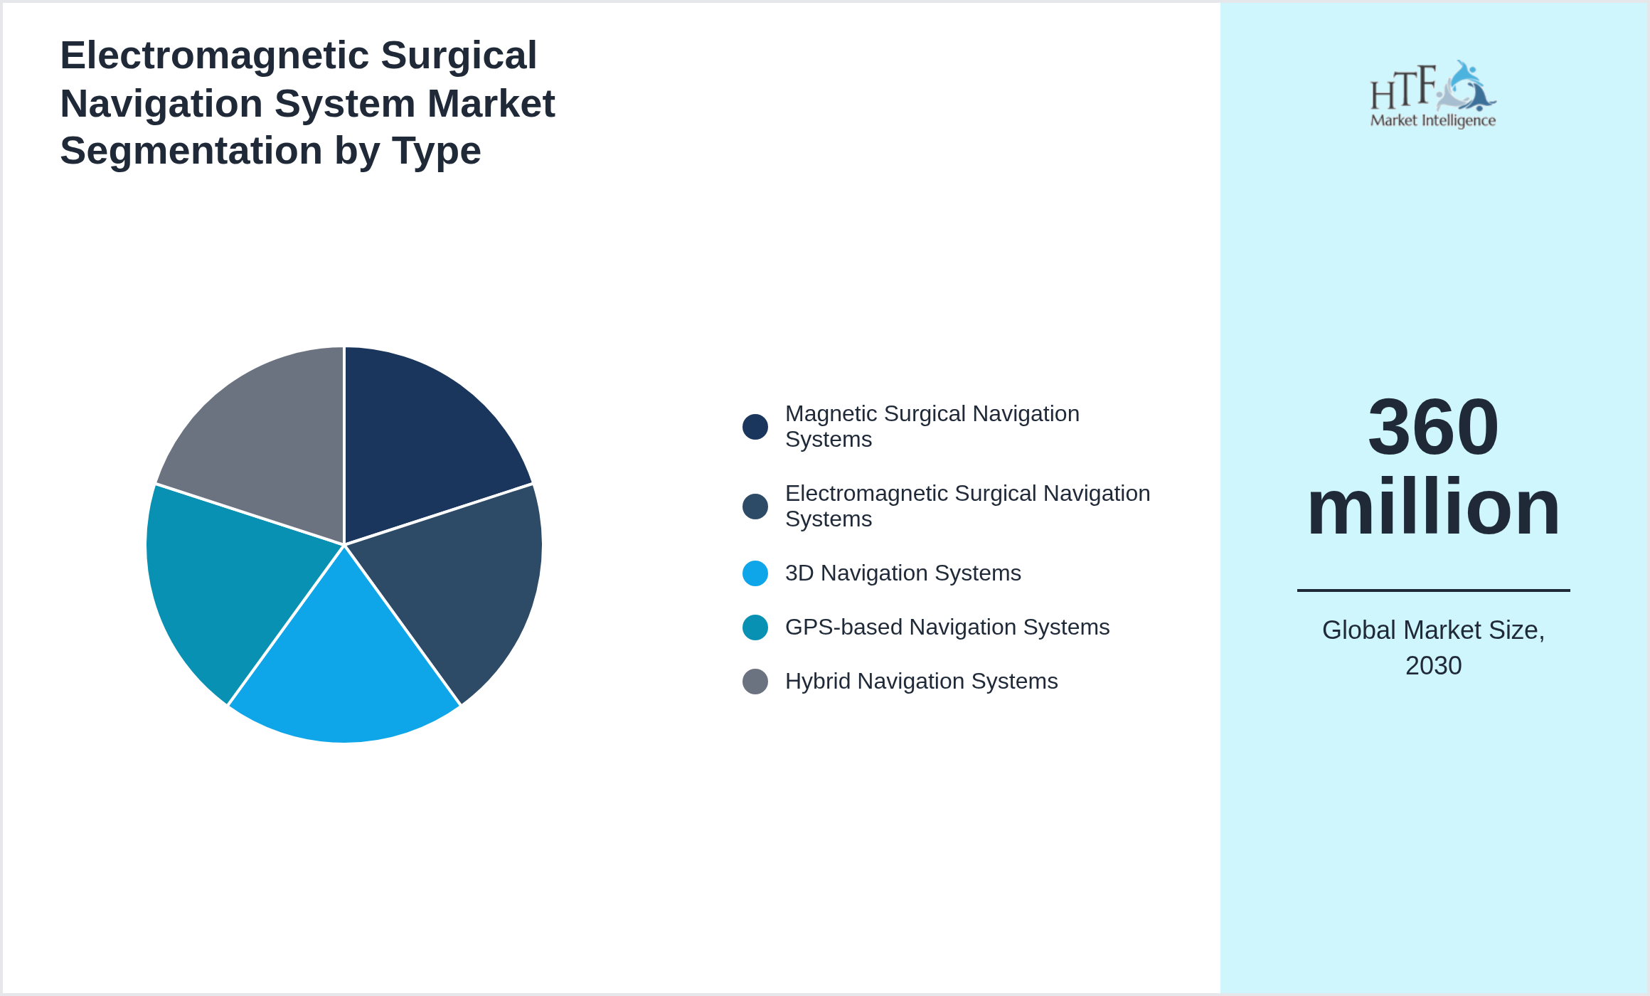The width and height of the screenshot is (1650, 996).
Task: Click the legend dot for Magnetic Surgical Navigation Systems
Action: coord(755,427)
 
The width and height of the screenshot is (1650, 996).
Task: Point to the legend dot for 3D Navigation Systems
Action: coord(755,573)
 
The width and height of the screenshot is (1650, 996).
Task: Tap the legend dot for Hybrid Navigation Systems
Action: coord(755,682)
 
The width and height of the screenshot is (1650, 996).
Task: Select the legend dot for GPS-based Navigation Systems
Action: coord(755,627)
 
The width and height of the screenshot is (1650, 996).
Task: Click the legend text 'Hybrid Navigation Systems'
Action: coord(921,682)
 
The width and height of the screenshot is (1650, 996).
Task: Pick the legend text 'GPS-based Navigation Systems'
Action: coord(947,627)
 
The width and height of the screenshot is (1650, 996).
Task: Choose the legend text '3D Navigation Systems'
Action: coord(903,573)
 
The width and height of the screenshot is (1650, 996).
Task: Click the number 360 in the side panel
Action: coord(1433,427)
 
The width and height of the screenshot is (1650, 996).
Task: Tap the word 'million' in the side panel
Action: coord(1433,507)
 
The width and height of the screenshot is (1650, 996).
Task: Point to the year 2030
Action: coord(1433,666)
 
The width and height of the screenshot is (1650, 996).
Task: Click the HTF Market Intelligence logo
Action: coord(1433,95)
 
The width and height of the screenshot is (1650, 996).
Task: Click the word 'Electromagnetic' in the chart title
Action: coord(213,55)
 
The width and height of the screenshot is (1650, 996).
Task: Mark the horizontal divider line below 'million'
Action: coord(1433,590)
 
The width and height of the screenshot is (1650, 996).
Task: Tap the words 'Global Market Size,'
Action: coord(1433,630)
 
